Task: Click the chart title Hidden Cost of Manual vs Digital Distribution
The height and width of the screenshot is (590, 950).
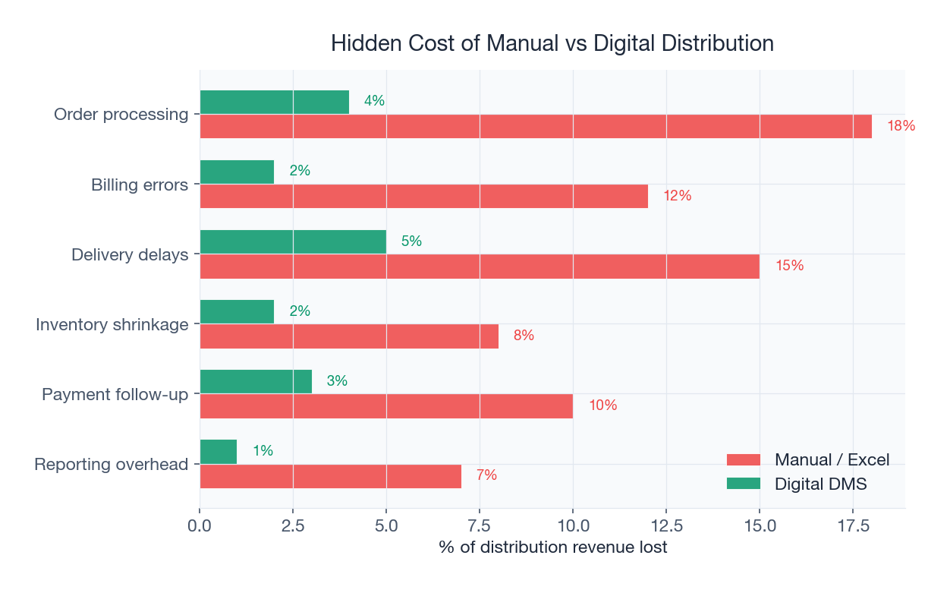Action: [x=552, y=43]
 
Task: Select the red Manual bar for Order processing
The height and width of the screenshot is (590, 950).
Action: [x=535, y=127]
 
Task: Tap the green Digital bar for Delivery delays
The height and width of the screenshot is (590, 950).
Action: [x=293, y=241]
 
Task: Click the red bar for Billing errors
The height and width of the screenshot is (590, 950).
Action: [x=423, y=196]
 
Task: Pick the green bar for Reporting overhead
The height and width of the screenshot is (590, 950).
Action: [x=219, y=452]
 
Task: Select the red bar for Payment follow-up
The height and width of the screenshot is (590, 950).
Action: [x=386, y=406]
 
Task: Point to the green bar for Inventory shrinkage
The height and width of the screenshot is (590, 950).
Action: [x=237, y=311]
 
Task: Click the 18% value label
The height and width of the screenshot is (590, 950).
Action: [x=901, y=126]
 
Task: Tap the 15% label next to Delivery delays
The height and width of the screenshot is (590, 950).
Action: [x=789, y=266]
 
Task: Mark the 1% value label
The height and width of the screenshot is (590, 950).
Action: [x=263, y=451]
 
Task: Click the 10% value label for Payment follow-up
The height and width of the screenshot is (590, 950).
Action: [x=602, y=405]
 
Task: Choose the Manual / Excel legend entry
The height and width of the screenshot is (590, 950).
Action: [x=832, y=459]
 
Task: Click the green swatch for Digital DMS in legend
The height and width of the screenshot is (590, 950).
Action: [x=743, y=484]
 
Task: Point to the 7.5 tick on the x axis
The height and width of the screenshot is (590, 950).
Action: [x=480, y=526]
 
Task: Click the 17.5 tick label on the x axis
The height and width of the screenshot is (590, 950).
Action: [x=853, y=526]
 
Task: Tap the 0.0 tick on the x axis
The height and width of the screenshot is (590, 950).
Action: [x=200, y=526]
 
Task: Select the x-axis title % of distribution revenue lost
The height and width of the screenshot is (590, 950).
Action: [x=552, y=547]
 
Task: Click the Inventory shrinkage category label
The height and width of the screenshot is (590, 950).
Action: [x=112, y=325]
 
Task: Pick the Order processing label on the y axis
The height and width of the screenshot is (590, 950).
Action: [x=121, y=115]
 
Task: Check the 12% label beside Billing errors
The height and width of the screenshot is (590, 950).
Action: [x=677, y=196]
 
